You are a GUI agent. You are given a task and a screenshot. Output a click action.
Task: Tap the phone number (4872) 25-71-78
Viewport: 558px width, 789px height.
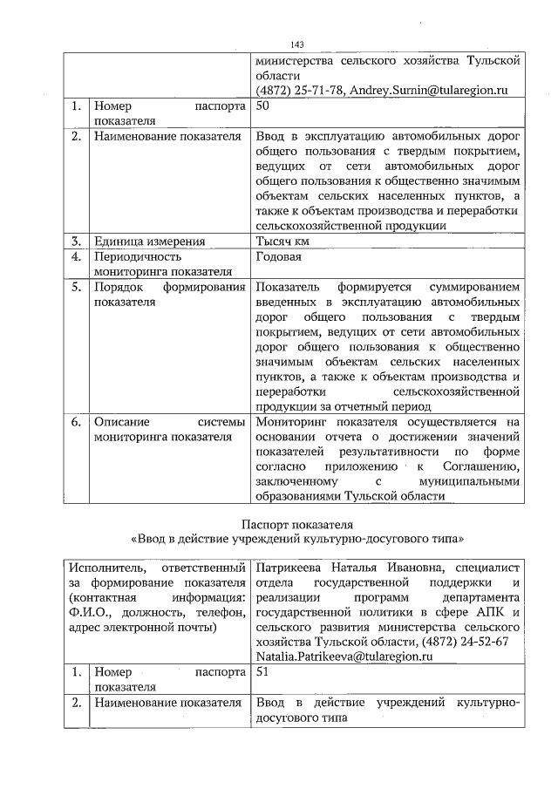click(299, 91)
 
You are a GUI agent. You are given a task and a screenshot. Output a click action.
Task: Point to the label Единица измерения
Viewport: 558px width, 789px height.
click(149, 241)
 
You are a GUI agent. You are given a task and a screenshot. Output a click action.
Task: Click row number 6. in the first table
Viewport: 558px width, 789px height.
click(78, 422)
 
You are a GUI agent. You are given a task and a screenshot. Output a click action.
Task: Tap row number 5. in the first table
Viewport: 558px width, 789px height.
click(78, 287)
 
